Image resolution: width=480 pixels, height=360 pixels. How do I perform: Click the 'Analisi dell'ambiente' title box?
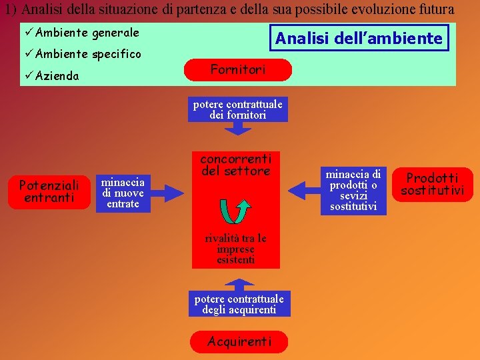[x=359, y=38]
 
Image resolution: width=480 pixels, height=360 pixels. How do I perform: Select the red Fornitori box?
[x=238, y=69]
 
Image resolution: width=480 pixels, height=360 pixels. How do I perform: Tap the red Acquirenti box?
[x=239, y=341]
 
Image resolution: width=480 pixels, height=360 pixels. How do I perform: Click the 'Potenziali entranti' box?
[x=49, y=191]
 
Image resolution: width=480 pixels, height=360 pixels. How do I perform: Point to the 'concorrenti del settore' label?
[x=235, y=165]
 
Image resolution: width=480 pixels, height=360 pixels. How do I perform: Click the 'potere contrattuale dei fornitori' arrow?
[x=238, y=110]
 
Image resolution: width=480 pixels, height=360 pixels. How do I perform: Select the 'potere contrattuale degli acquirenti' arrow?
[x=239, y=304]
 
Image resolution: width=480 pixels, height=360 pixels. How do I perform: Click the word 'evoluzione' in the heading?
[x=375, y=10]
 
